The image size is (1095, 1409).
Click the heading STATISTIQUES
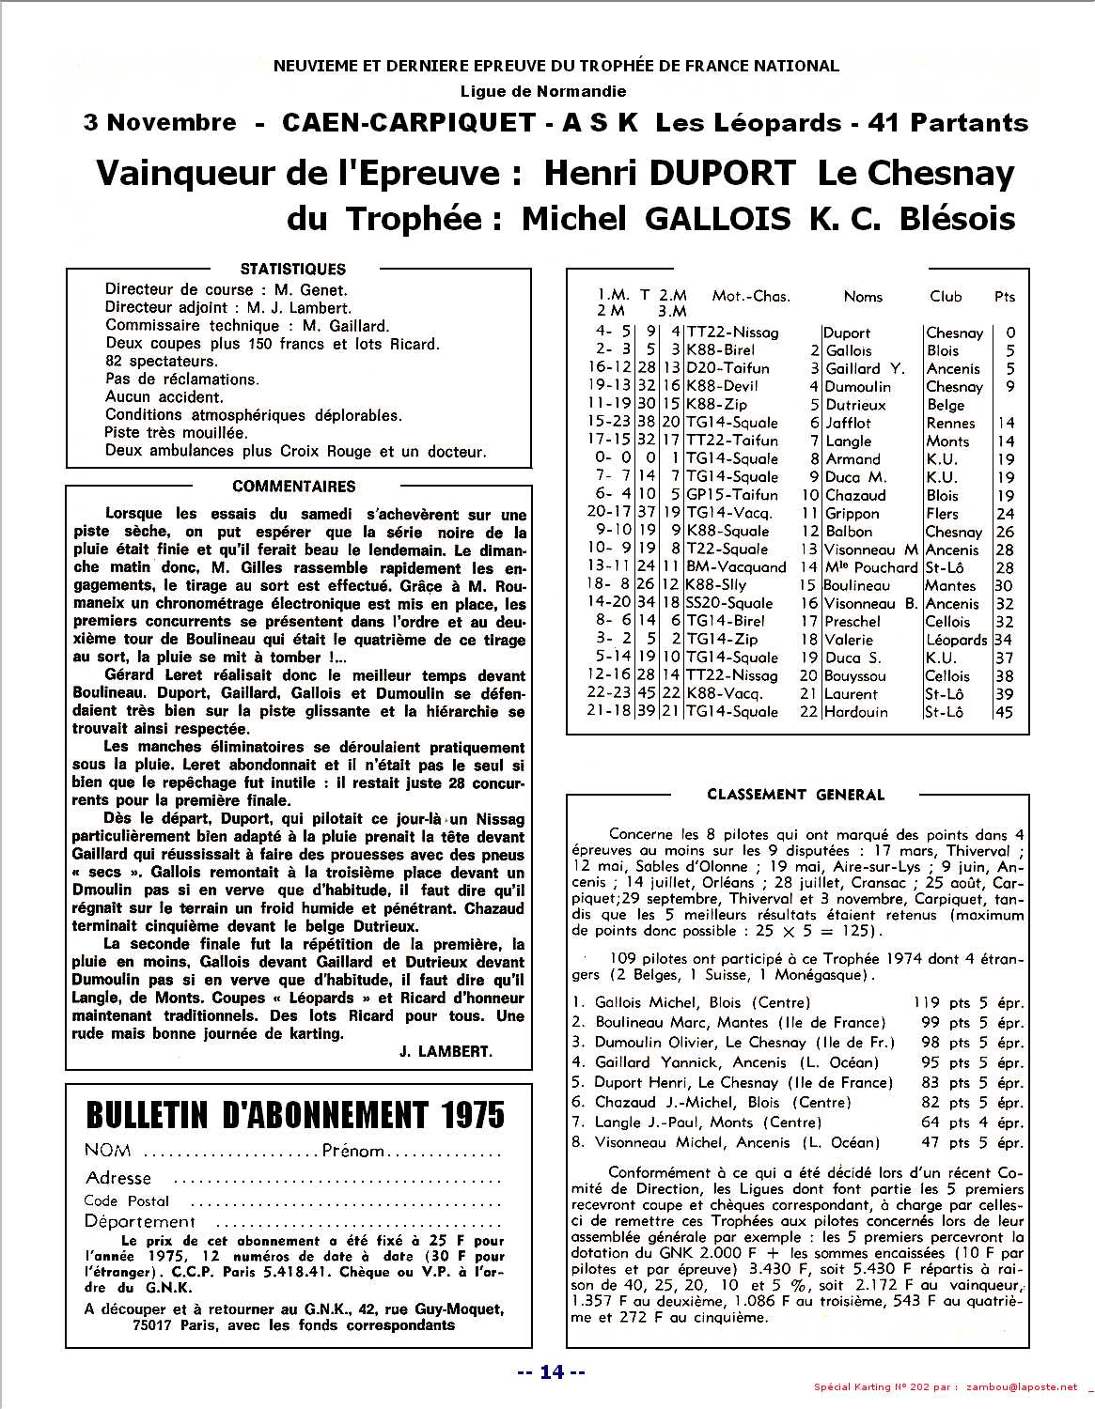click(x=292, y=269)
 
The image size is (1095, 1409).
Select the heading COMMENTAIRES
click(x=293, y=487)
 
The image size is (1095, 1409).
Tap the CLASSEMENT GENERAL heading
click(x=795, y=795)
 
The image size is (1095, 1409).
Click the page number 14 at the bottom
click(x=552, y=1372)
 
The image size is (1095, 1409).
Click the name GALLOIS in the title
click(x=714, y=219)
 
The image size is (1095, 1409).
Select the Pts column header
click(x=1005, y=297)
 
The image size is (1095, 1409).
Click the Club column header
click(x=946, y=297)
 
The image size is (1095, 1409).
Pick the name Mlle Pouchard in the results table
click(x=870, y=567)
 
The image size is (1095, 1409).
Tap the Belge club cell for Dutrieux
click(x=946, y=405)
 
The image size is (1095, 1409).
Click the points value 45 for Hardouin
click(x=1005, y=712)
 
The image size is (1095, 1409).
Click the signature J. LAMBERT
click(x=445, y=1052)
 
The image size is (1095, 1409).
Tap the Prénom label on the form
click(x=352, y=1151)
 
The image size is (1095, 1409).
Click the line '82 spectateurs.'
click(x=161, y=362)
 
